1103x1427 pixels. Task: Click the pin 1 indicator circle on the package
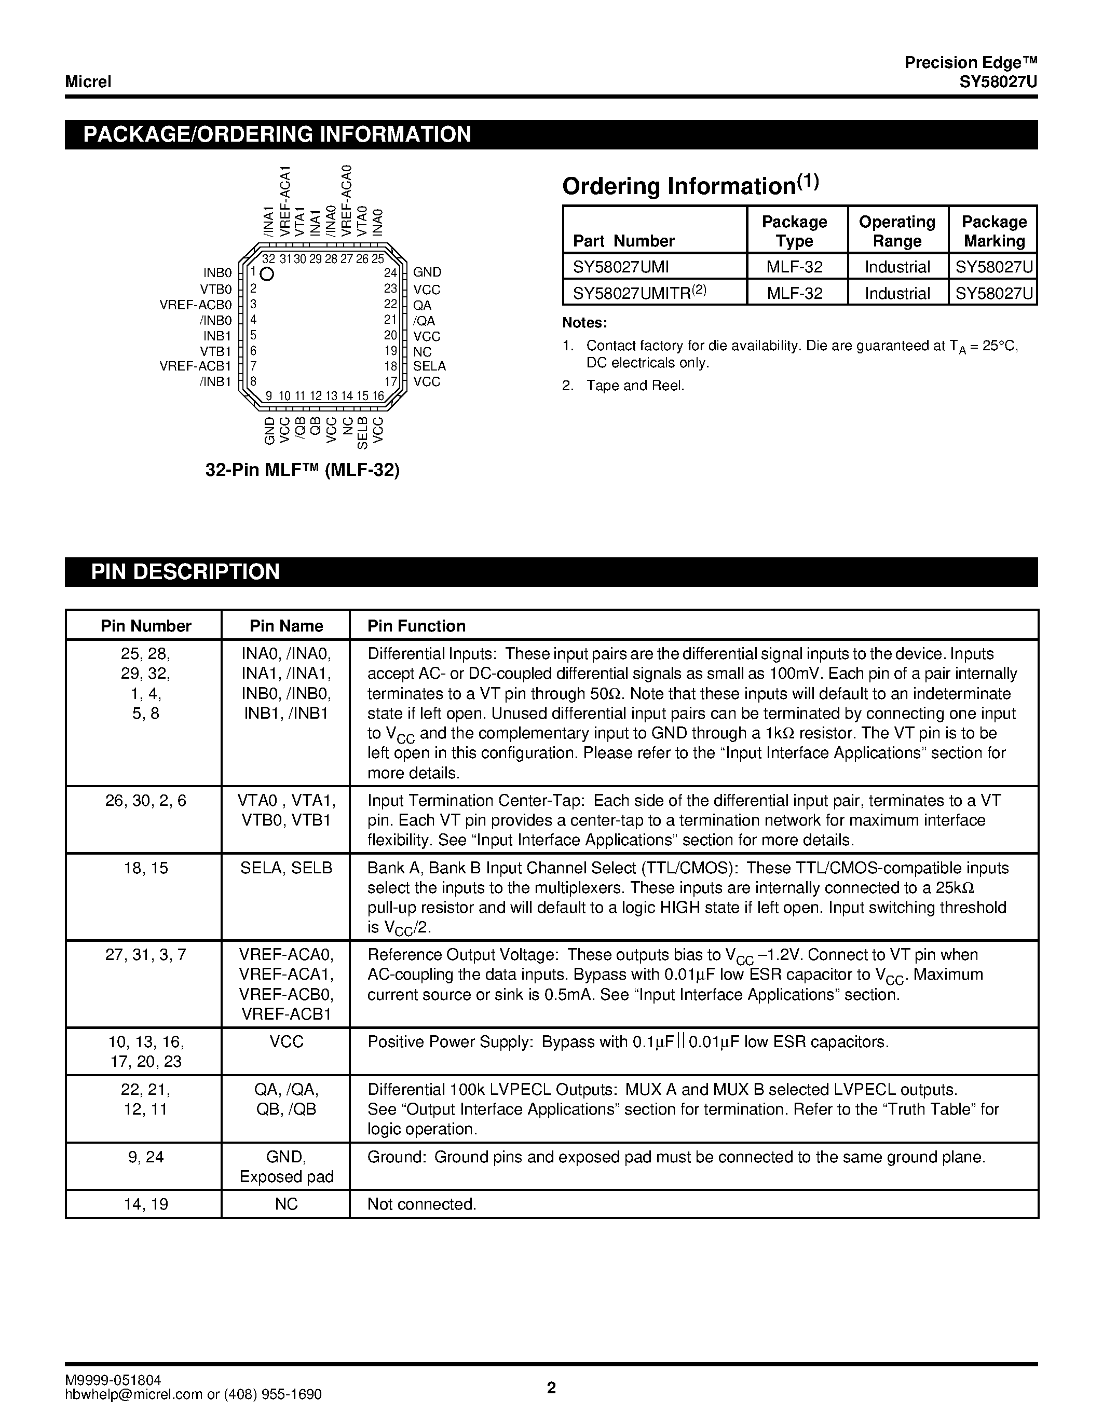point(267,275)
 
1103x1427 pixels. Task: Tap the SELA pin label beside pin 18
point(429,366)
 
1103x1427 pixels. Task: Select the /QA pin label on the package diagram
point(424,321)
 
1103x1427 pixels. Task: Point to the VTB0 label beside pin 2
point(216,290)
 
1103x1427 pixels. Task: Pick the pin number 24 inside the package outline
point(390,273)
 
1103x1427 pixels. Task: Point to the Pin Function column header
point(416,626)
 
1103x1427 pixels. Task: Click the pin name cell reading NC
point(286,1204)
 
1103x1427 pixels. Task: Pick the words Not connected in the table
point(421,1204)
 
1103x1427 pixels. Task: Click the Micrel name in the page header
point(88,81)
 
